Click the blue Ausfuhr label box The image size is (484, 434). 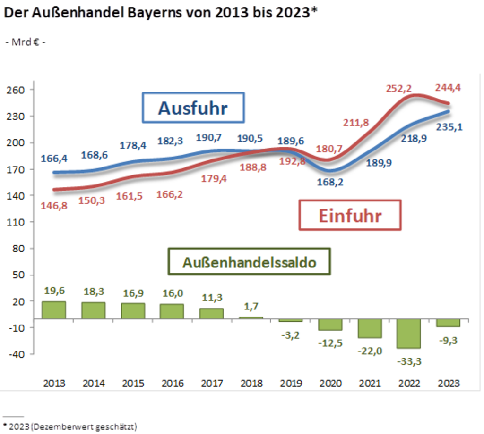click(x=193, y=108)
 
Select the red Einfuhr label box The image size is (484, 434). click(x=350, y=215)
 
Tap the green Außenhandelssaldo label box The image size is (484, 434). click(x=249, y=261)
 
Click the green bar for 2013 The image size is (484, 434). click(x=53, y=310)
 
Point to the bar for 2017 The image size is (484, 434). click(x=211, y=313)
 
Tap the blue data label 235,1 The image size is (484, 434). click(x=449, y=127)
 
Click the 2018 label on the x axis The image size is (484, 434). click(x=251, y=383)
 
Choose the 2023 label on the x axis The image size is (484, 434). click(x=448, y=383)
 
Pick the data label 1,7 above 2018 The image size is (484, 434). click(x=252, y=307)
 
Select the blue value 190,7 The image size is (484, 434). click(x=210, y=138)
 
